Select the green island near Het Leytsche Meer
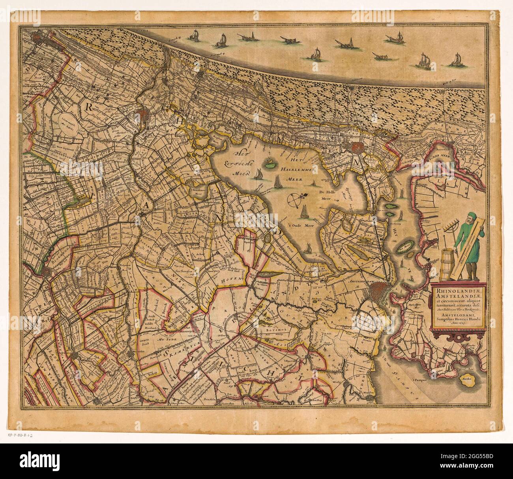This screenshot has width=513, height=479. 270,163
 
